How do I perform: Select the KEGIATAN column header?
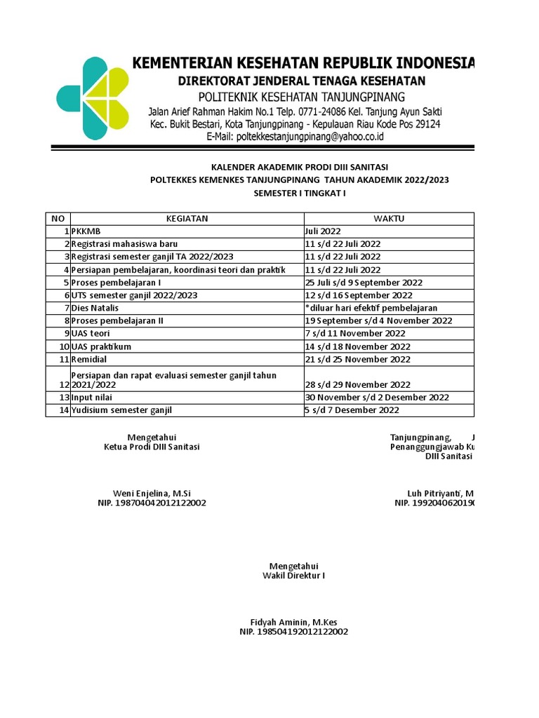point(187,219)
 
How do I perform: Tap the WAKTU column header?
point(388,219)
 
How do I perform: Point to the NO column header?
point(58,219)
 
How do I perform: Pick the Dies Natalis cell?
point(95,308)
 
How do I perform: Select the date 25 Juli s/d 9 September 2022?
point(364,283)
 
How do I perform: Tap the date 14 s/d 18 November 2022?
point(355,346)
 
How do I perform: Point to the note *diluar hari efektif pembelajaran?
point(371,308)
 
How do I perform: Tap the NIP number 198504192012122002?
point(294,632)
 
